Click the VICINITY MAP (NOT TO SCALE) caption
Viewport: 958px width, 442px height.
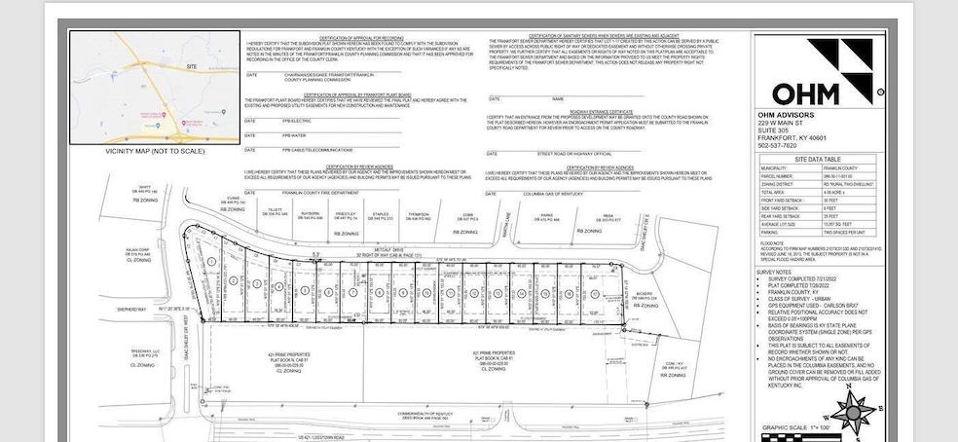click(156, 152)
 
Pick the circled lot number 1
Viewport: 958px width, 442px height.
click(211, 264)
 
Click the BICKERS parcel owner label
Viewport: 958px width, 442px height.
click(644, 293)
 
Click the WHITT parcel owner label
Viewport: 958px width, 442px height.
click(143, 188)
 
